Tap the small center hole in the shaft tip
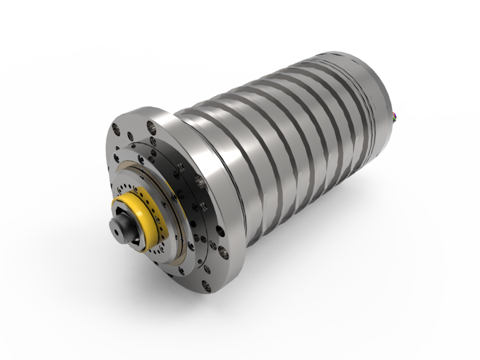tap(116, 233)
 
